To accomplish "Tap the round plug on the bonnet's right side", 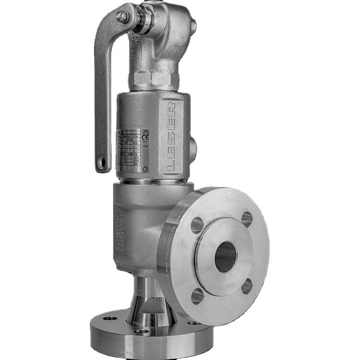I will pyautogui.click(x=192, y=149).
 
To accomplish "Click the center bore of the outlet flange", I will pyautogui.click(x=225, y=257).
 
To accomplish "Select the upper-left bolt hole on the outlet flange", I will pyautogui.click(x=197, y=225).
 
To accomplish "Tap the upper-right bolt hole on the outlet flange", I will pyautogui.click(x=247, y=219).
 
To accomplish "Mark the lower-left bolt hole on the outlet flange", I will pyautogui.click(x=197, y=296).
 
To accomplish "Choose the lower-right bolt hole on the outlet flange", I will pyautogui.click(x=247, y=286).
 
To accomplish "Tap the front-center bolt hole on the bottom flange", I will pyautogui.click(x=142, y=331).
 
